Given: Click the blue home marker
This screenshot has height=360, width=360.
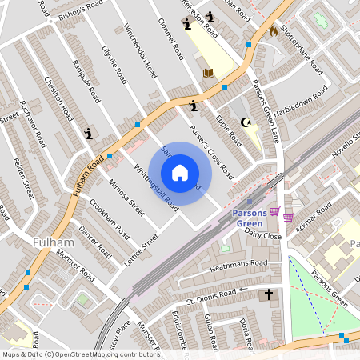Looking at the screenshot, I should (180, 173).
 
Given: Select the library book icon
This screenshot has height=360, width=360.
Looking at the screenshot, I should (209, 74).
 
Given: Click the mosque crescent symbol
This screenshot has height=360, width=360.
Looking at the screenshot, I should (246, 122).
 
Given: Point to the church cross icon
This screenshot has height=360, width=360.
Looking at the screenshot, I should (268, 295).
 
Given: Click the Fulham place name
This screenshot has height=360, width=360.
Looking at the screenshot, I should (54, 241).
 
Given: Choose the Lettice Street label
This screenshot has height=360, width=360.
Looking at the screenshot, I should (140, 250).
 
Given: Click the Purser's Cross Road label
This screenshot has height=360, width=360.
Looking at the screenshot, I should (211, 151).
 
